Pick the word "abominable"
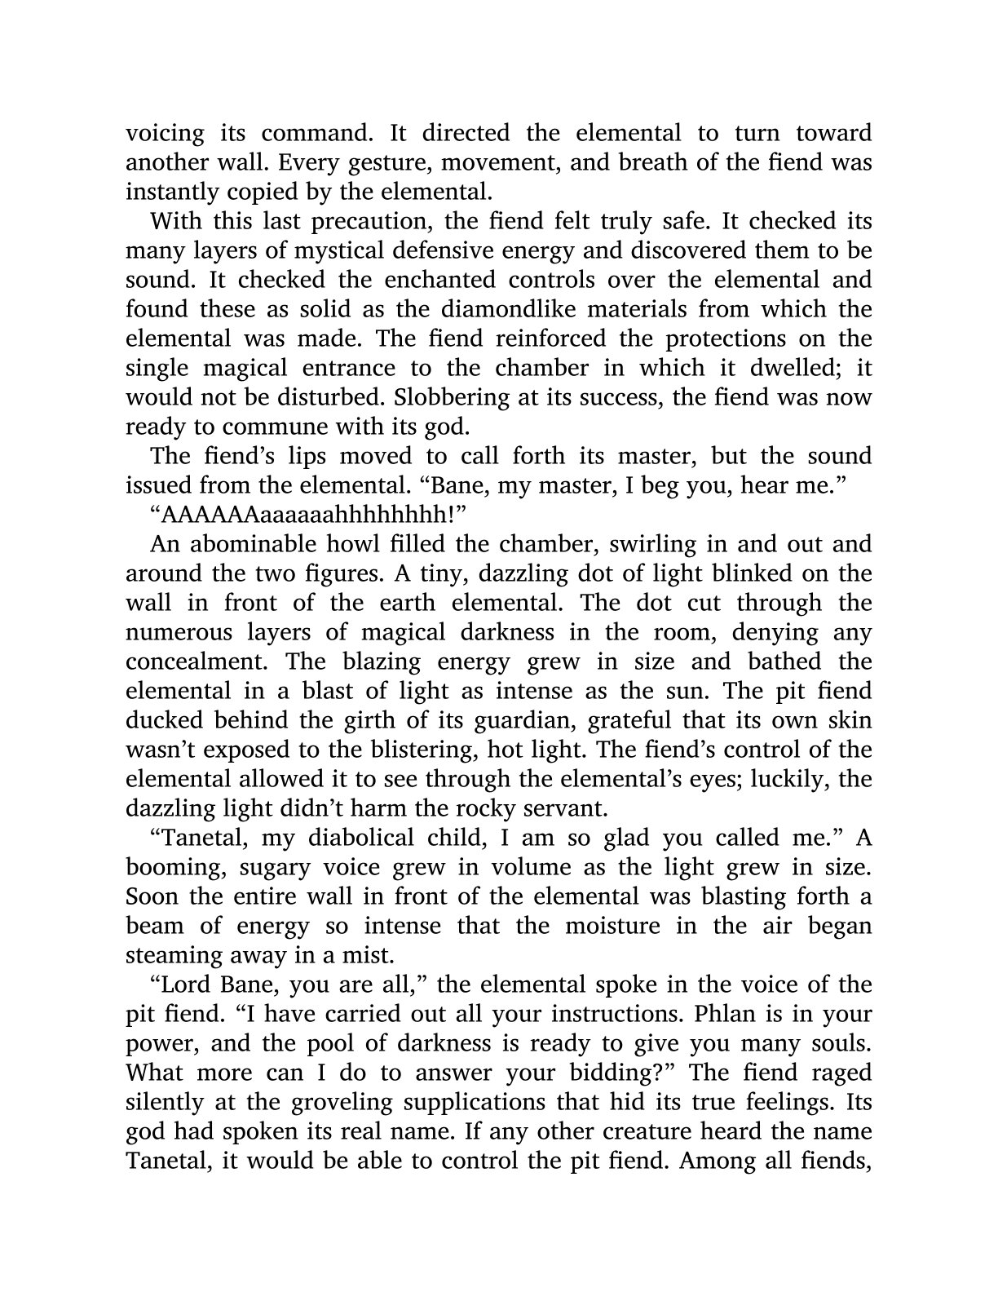pos(249,544)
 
